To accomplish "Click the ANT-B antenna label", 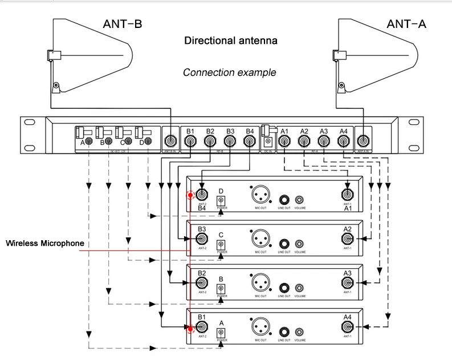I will pos(123,24).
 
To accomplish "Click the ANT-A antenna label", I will pos(406,24).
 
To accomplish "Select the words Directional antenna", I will pos(231,41).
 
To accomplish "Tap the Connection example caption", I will pos(229,72).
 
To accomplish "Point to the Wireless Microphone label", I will pos(45,244).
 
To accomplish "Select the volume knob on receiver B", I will pos(299,288).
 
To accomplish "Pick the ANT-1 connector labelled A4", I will pos(347,328).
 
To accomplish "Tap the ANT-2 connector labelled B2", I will pos(201,284).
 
